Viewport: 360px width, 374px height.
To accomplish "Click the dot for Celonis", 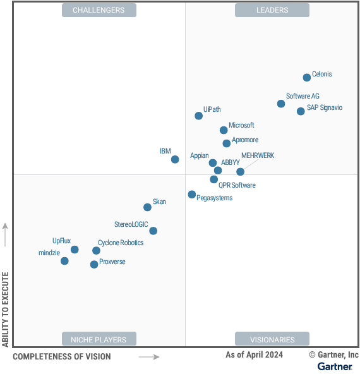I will pos(307,78).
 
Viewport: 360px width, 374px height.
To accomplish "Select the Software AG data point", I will pos(281,104).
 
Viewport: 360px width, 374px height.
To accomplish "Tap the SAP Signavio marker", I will pos(301,111).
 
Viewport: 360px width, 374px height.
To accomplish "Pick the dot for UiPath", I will pos(199,116).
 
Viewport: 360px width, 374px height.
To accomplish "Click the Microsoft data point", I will pos(224,130).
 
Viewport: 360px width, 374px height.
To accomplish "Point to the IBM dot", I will pos(175,159).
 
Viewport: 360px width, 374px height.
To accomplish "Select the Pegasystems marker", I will pos(192,195).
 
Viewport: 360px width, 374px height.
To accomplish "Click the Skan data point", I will pos(148,207).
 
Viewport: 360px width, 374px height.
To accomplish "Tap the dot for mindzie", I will pos(64,261).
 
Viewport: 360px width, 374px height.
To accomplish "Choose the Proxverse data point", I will pos(94,265).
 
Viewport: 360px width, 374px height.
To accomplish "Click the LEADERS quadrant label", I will pos(272,10).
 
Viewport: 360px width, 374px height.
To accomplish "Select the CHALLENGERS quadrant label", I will pos(99,10).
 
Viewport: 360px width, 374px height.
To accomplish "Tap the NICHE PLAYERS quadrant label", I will pos(99,339).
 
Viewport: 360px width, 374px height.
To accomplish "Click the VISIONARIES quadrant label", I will pos(272,339).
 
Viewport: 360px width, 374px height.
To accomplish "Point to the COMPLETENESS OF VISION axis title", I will pos(61,357).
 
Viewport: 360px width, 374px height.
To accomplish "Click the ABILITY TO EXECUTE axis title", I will pos(6,309).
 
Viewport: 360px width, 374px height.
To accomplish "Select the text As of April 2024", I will pos(254,355).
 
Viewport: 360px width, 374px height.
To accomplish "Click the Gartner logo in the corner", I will pos(335,366).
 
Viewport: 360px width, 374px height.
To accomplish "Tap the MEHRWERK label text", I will pos(258,155).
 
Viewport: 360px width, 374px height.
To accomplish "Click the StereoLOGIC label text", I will pos(131,224).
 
